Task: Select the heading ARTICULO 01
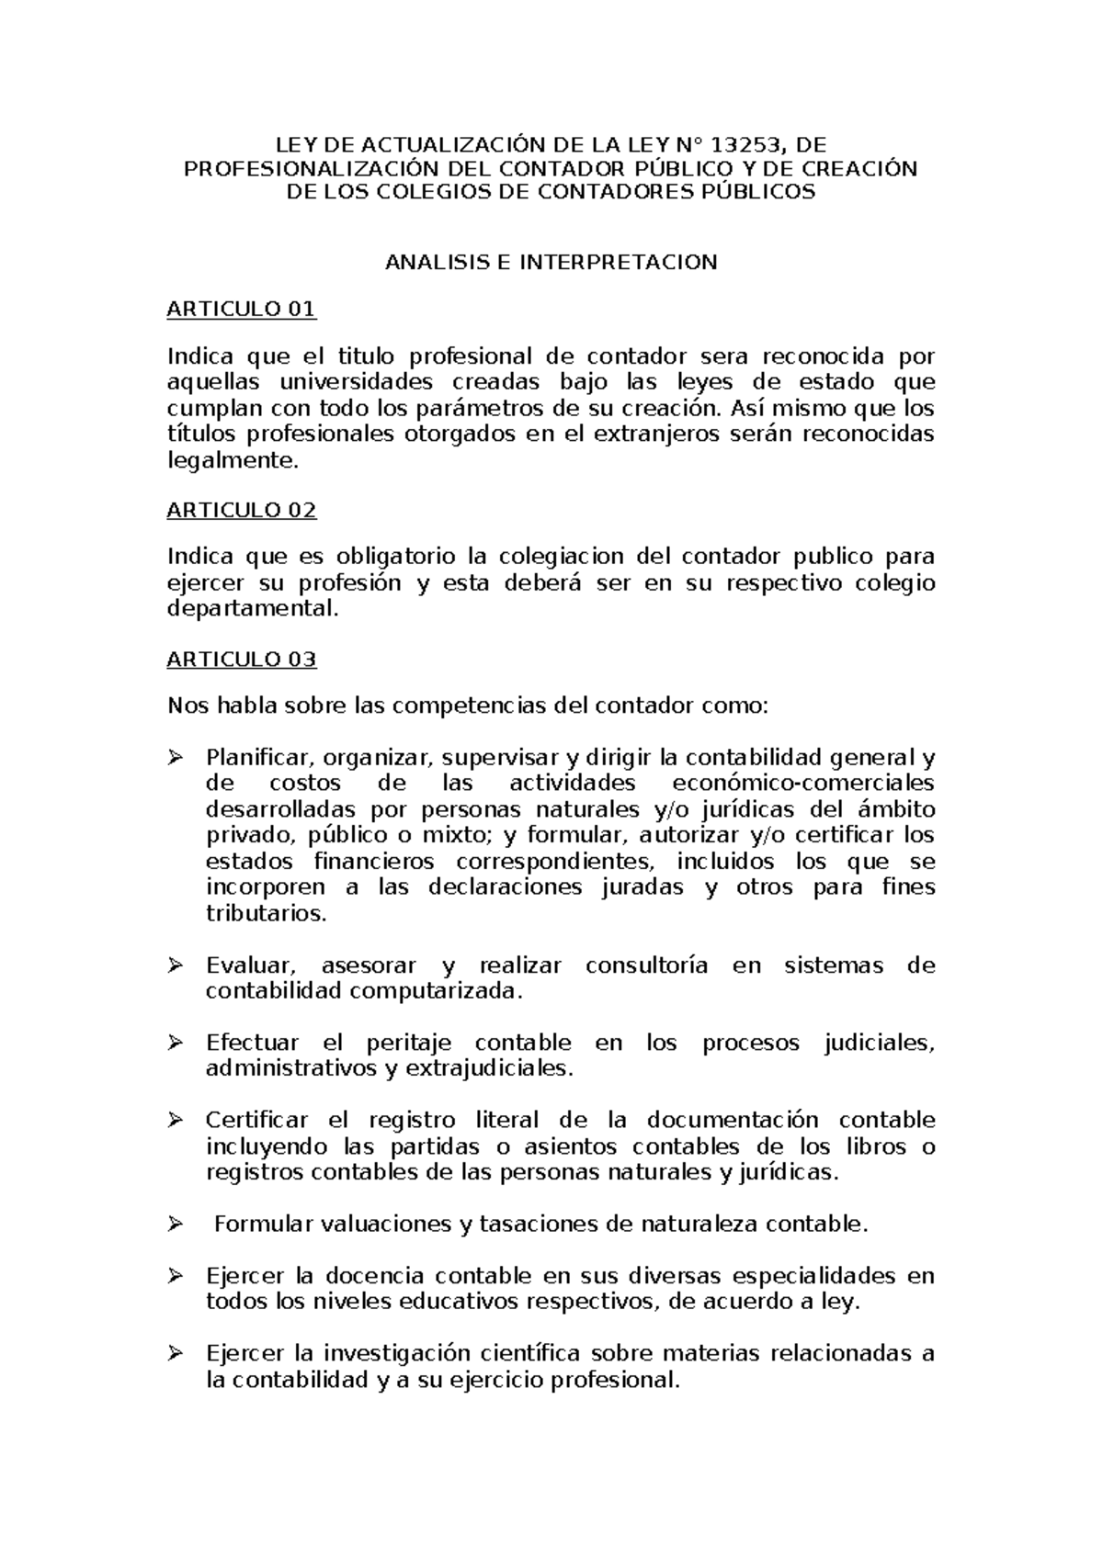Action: (241, 310)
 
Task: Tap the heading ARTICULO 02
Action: (241, 510)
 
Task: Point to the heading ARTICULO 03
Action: (241, 659)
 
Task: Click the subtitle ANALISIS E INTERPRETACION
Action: (551, 262)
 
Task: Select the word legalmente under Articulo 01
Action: (233, 461)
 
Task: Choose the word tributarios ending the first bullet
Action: (266, 913)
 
